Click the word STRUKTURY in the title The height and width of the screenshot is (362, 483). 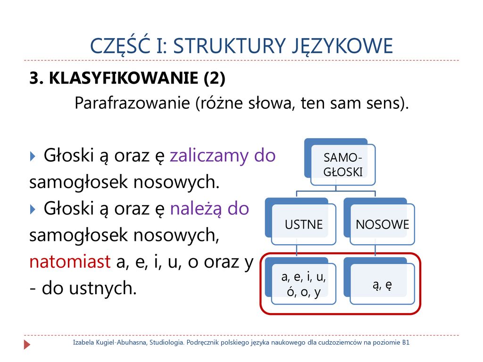(229, 46)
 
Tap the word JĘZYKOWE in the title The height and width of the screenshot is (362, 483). (342, 47)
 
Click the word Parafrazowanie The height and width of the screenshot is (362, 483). (132, 103)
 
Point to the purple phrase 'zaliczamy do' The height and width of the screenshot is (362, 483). (223, 155)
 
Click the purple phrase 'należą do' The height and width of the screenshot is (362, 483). (209, 209)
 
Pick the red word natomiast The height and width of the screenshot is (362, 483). (70, 262)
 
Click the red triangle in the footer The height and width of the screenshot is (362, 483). (27, 345)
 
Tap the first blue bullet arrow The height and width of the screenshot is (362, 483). (33, 156)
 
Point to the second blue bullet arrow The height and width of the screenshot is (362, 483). (33, 210)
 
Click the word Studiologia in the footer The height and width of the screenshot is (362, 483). (167, 343)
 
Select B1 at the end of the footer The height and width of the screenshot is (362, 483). (406, 342)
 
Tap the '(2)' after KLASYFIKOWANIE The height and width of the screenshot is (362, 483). (215, 78)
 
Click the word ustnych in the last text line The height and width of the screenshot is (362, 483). (102, 288)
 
